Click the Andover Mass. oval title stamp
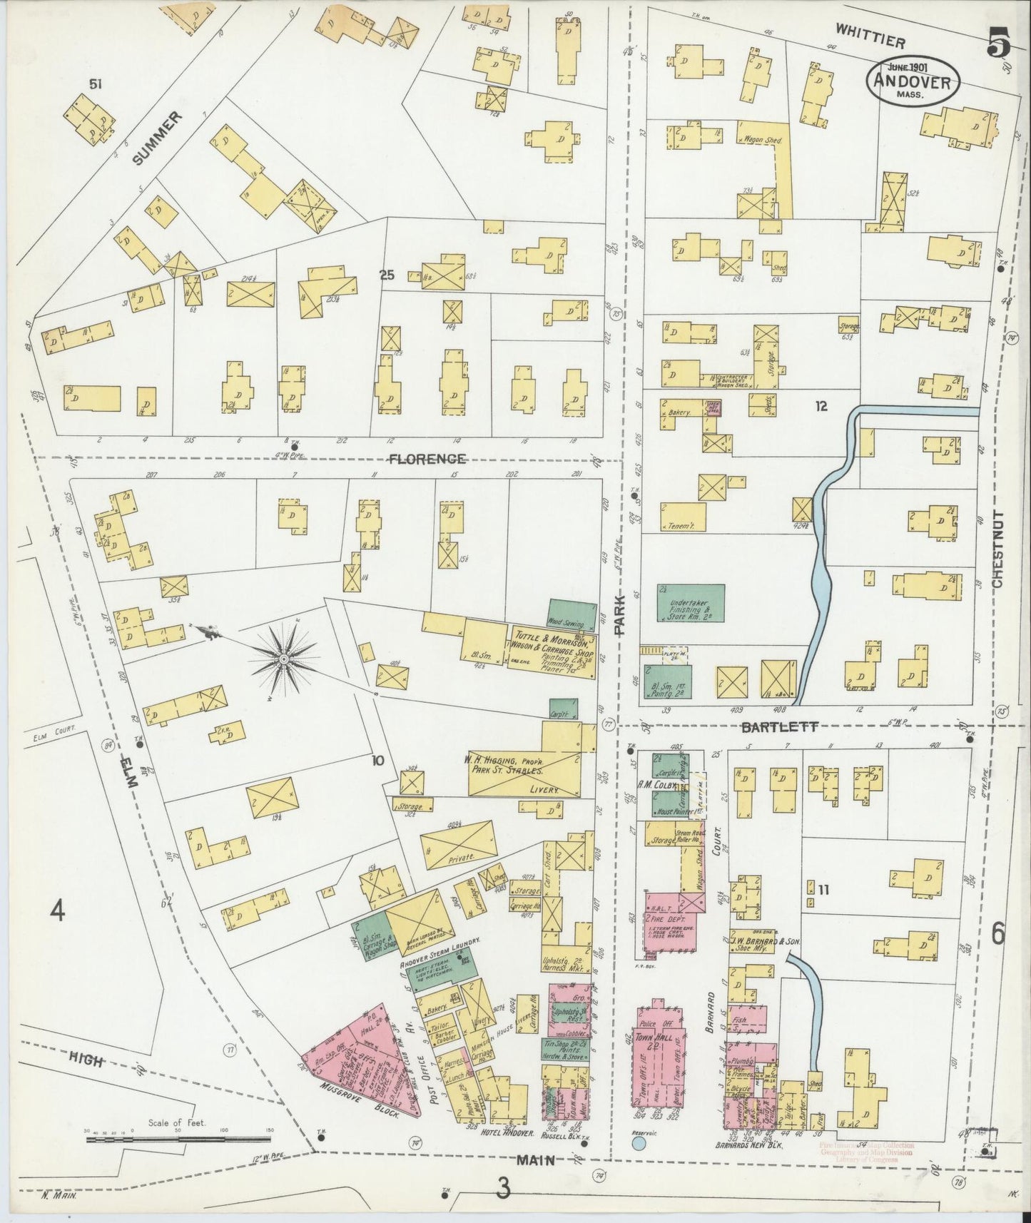click(913, 81)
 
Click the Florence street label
click(427, 458)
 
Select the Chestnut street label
click(997, 549)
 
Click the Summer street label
click(152, 137)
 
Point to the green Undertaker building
click(690, 602)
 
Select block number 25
click(387, 275)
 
